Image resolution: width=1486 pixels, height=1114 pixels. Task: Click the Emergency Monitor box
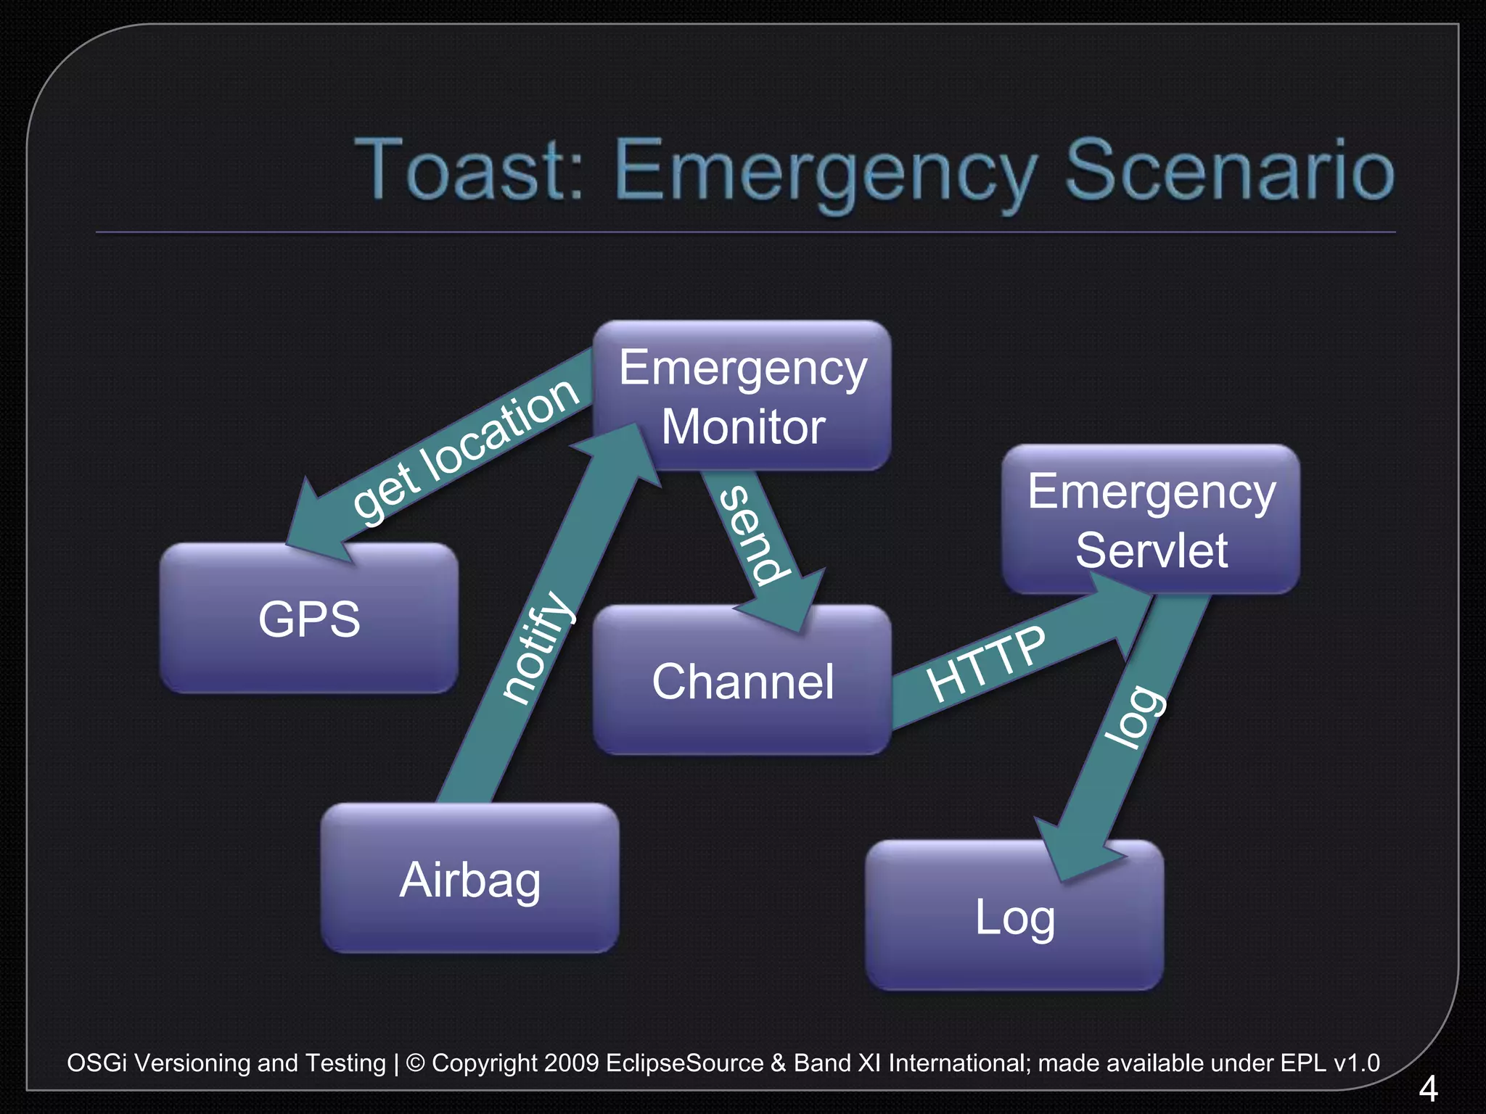coord(742,396)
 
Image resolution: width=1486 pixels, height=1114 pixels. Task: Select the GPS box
coord(309,619)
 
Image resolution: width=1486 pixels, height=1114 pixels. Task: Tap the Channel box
coord(742,681)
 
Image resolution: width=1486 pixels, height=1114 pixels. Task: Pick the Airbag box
coord(470,879)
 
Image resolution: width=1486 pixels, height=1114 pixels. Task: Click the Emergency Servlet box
coord(1151,520)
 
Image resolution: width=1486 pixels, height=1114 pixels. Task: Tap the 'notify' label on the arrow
coord(538,647)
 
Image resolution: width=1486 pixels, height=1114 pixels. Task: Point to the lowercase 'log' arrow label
coord(1134,717)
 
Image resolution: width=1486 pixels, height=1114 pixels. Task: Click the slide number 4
coord(1427,1089)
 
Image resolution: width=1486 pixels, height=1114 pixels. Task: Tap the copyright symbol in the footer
coord(416,1063)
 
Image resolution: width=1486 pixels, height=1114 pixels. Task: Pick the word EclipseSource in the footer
coord(684,1063)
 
